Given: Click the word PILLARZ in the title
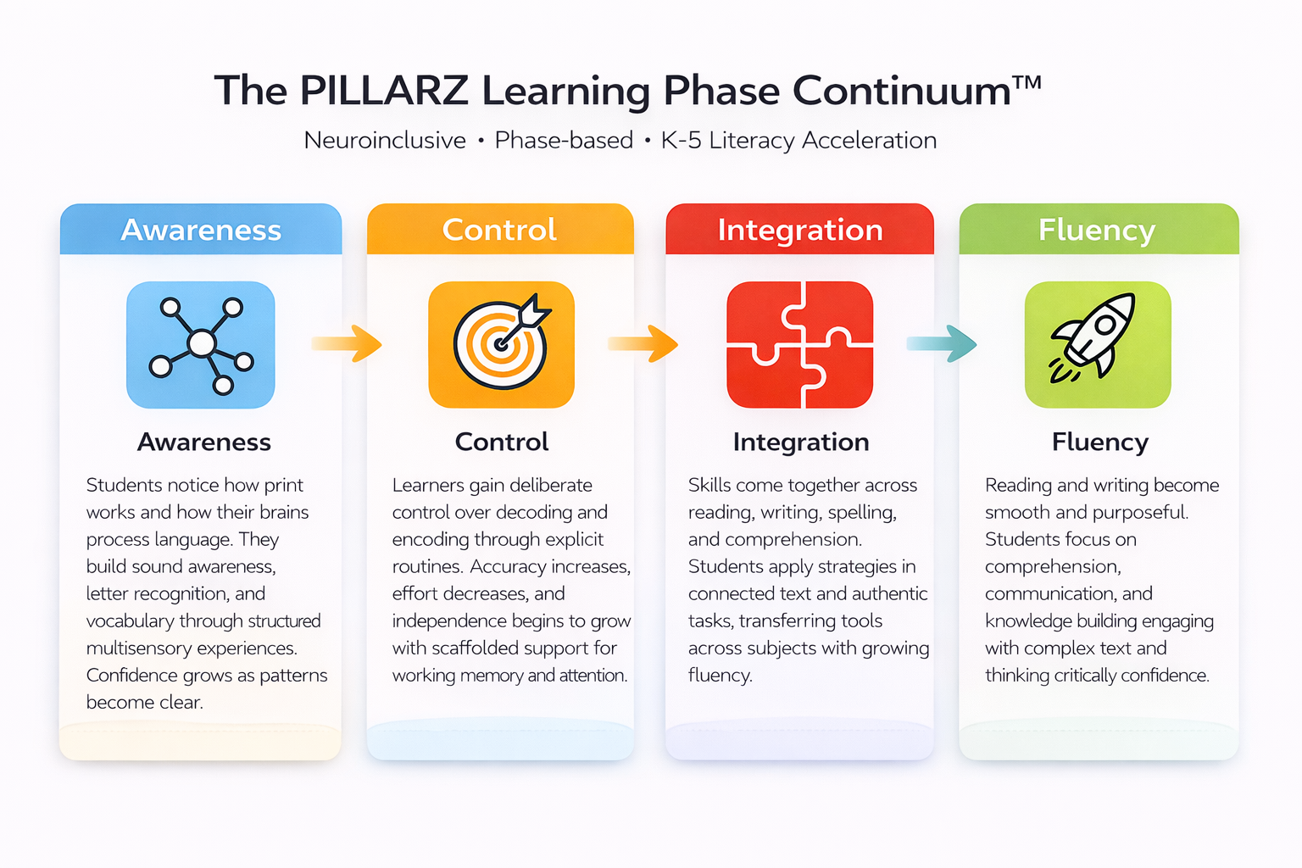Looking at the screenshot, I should (383, 91).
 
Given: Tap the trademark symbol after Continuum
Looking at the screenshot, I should (1027, 83).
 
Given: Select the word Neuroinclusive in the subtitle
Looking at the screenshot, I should (385, 140).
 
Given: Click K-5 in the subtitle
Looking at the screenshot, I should (681, 140).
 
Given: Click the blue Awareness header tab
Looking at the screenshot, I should (201, 230).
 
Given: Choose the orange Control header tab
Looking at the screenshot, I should (500, 230).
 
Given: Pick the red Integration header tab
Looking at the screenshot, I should (799, 230).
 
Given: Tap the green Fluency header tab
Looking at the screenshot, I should (1098, 230).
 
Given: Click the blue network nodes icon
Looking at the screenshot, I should (201, 345).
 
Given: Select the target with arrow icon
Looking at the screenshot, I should (501, 345).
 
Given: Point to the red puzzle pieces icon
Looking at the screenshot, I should (799, 345).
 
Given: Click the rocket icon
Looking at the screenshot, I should (1098, 345).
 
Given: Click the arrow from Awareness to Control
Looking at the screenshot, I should (347, 343).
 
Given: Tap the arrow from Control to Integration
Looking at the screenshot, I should (643, 343).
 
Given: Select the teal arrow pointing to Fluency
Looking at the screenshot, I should (941, 343).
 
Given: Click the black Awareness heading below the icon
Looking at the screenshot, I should (204, 442).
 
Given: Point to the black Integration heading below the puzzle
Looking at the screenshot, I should (801, 442).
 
